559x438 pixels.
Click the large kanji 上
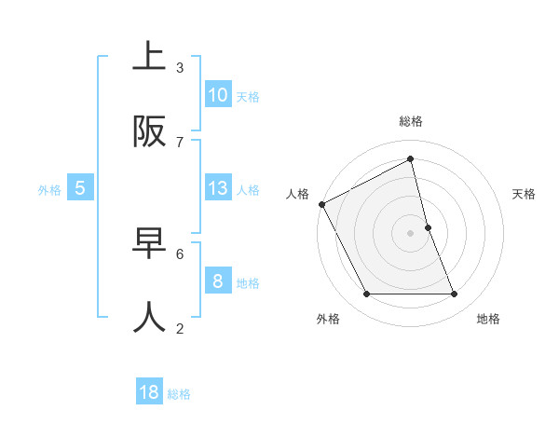(x=150, y=58)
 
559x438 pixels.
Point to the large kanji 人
(x=150, y=318)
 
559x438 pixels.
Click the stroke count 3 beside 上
(x=180, y=67)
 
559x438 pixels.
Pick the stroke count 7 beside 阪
(x=180, y=142)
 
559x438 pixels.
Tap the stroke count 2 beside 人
(x=180, y=328)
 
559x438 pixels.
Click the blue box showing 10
(x=218, y=95)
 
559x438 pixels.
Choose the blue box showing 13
(x=218, y=188)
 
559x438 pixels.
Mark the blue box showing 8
(x=218, y=281)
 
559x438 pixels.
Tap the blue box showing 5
(x=80, y=188)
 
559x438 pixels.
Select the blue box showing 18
(x=149, y=392)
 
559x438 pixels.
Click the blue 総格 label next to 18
(x=179, y=394)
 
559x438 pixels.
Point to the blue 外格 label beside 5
(x=49, y=190)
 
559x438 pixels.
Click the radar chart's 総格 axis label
(x=411, y=121)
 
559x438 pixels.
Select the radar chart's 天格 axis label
(x=525, y=194)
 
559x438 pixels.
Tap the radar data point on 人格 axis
(x=321, y=204)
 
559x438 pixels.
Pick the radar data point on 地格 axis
(x=455, y=294)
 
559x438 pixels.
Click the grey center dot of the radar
(x=411, y=233)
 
